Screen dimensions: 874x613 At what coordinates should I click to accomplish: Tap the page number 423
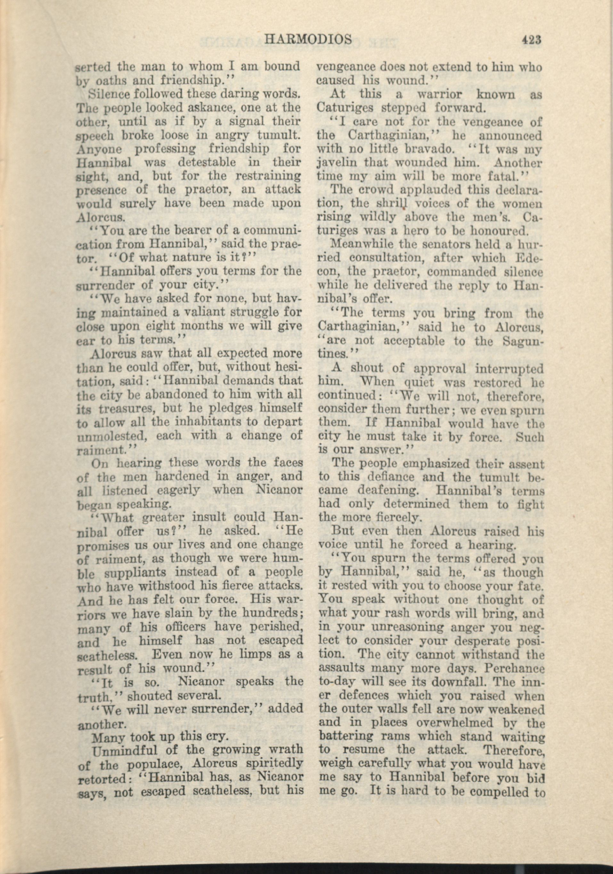click(x=532, y=40)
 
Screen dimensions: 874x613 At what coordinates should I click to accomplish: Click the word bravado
click(x=413, y=149)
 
